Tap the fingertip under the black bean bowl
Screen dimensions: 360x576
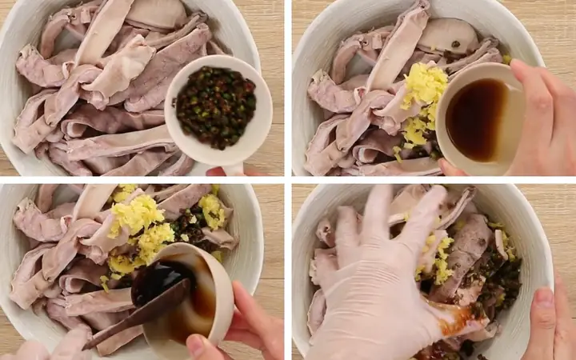(x=217, y=170)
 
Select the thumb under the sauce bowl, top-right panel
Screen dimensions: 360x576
(x=452, y=169)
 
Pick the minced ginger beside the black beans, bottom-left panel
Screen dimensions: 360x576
(x=213, y=210)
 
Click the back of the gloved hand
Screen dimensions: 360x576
(x=376, y=296)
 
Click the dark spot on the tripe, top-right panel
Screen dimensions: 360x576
(x=455, y=44)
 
